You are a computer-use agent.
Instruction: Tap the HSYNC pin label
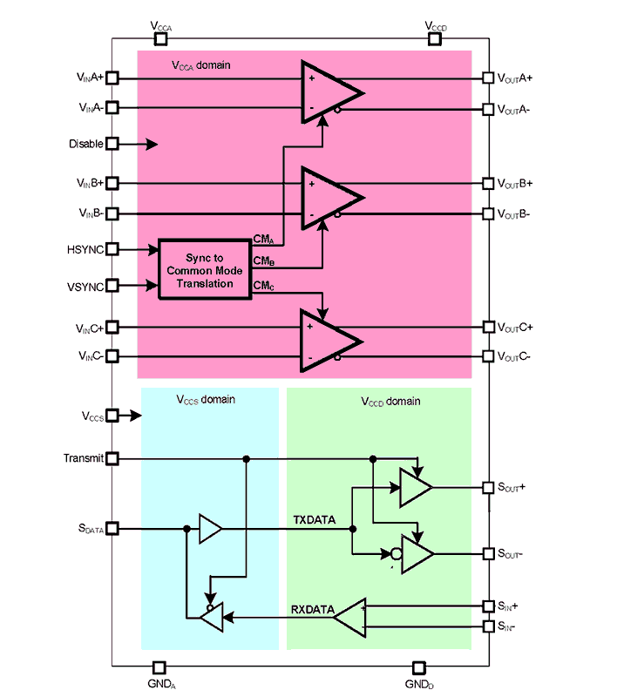[x=85, y=249]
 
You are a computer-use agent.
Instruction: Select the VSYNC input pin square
[x=112, y=286]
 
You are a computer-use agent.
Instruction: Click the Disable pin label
[x=85, y=144]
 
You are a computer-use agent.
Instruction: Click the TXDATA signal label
[x=314, y=520]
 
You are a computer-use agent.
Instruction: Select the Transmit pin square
[x=112, y=458]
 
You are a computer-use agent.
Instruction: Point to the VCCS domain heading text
[x=206, y=401]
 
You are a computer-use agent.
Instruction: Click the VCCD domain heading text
[x=390, y=402]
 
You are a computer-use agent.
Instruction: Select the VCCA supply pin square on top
[x=160, y=38]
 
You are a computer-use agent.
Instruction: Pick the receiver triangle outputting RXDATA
[x=351, y=618]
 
